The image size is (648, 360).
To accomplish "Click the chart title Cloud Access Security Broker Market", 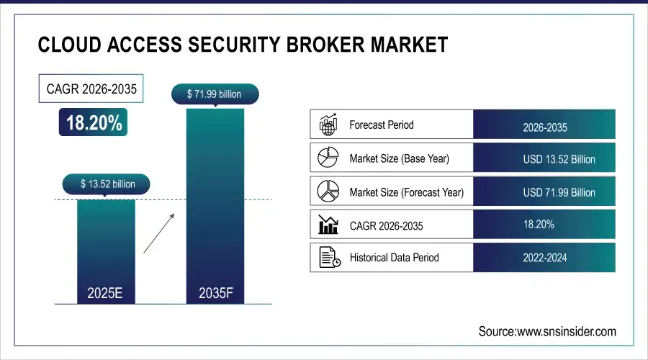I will (x=243, y=45).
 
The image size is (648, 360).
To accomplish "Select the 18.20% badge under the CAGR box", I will (x=94, y=123).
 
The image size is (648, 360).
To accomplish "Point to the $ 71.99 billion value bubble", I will (x=214, y=94).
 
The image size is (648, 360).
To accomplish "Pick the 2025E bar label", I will (x=106, y=292).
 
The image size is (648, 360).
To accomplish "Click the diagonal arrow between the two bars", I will (x=158, y=233).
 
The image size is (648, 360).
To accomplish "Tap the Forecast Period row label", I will (x=382, y=125).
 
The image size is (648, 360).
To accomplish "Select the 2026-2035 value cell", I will (x=544, y=127).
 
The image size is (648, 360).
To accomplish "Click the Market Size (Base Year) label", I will (x=398, y=158).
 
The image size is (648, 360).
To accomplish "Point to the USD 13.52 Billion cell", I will (x=559, y=160).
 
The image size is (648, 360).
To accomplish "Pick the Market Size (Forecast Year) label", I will (x=406, y=192).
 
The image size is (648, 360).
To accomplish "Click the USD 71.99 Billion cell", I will (x=559, y=193).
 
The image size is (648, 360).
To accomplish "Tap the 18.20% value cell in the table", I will (x=539, y=225).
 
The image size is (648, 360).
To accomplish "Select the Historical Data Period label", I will (x=394, y=257).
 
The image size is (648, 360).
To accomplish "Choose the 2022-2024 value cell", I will (x=544, y=257).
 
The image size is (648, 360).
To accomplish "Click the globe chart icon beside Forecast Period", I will (x=328, y=125).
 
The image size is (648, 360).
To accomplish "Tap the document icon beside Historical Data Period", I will (x=329, y=257).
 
